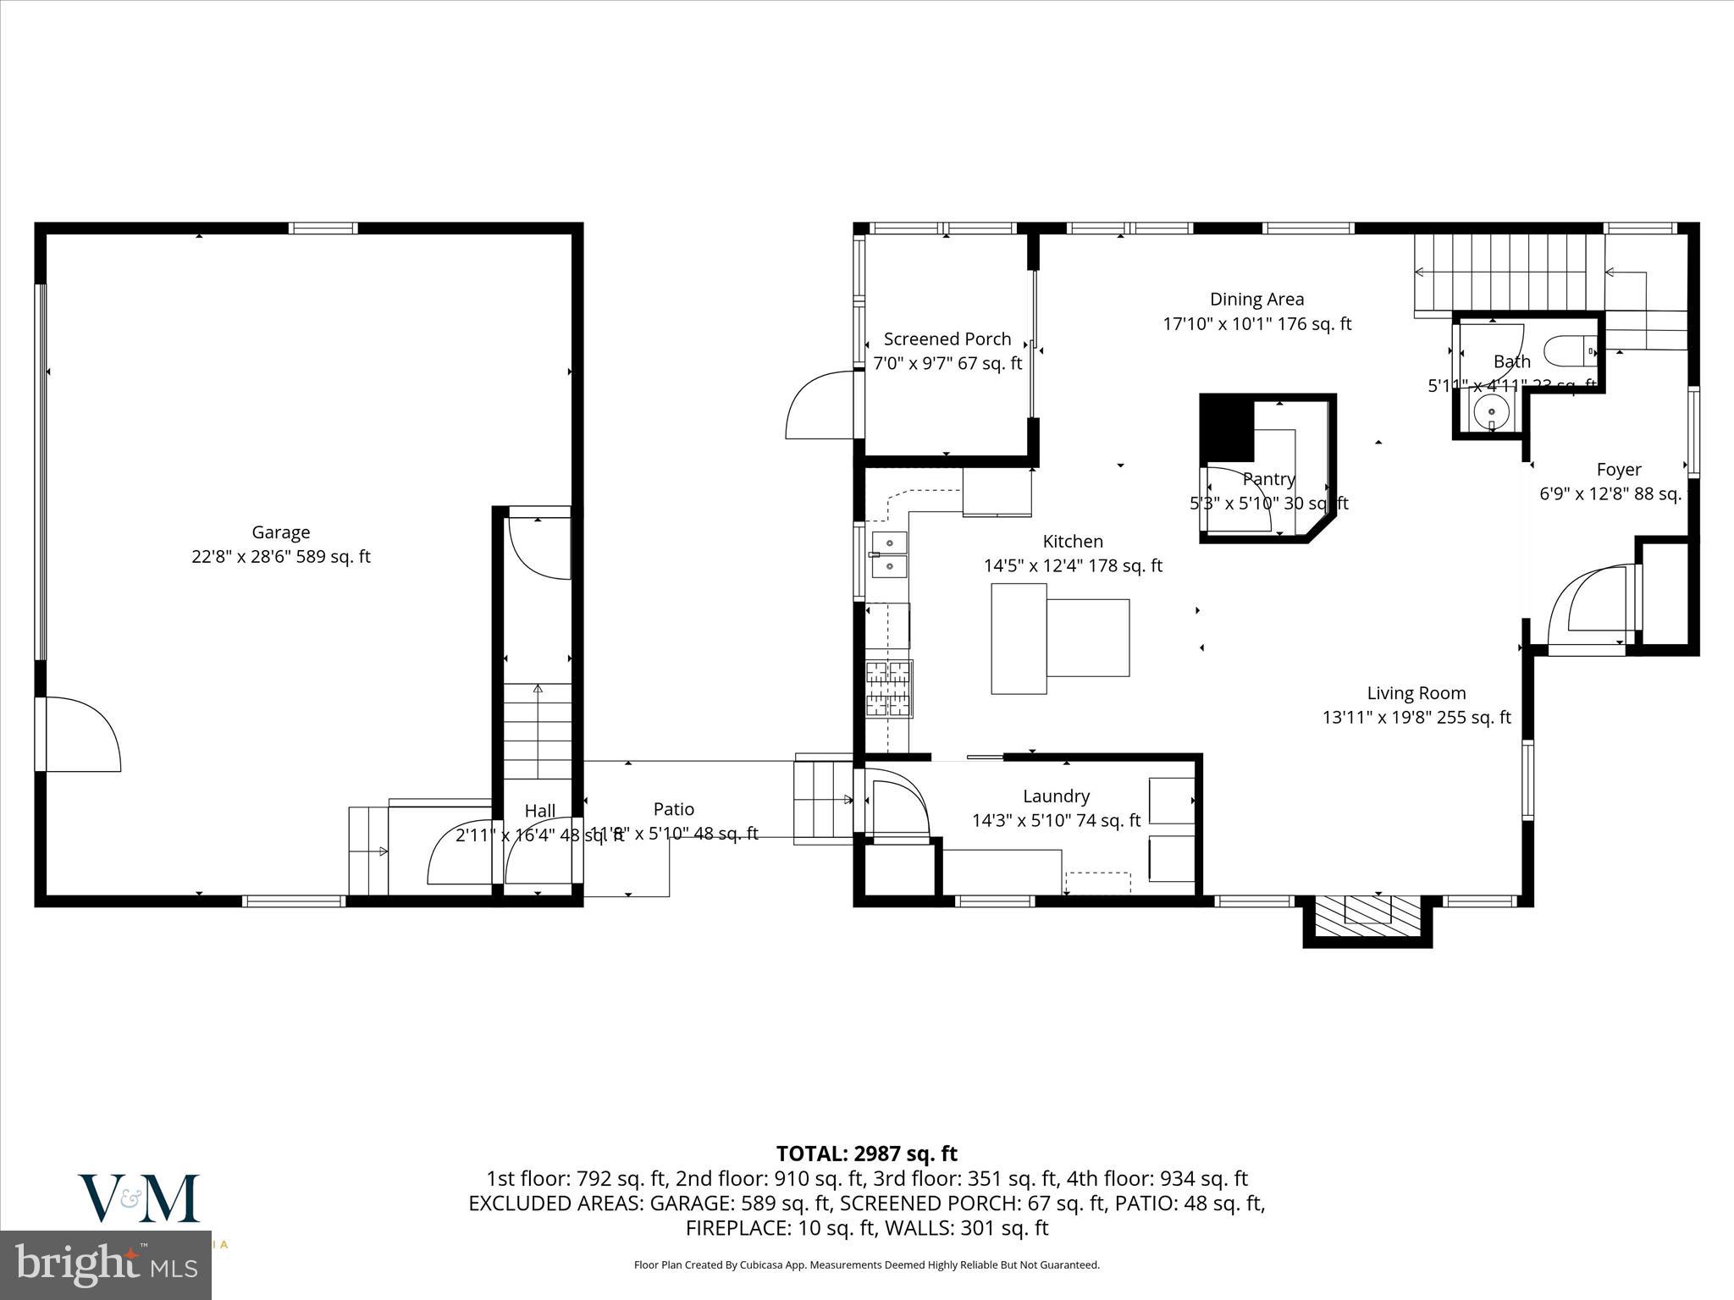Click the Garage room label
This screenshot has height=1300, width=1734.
point(280,532)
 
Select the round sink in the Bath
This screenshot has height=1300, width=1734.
point(1490,413)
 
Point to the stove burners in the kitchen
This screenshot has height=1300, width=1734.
point(889,688)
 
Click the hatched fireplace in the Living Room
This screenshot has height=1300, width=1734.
point(1367,917)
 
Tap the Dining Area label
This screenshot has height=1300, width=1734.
point(1256,299)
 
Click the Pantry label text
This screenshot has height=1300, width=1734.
point(1268,479)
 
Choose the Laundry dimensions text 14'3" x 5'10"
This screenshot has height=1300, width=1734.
point(1056,820)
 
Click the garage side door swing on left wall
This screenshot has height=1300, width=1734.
point(80,735)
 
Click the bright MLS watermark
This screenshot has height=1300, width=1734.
point(106,1265)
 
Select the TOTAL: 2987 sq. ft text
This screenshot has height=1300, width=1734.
point(866,1154)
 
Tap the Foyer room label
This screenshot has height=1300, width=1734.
point(1618,470)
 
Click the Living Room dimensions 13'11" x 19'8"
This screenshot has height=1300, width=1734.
point(1416,717)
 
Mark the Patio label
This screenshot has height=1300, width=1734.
point(674,809)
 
